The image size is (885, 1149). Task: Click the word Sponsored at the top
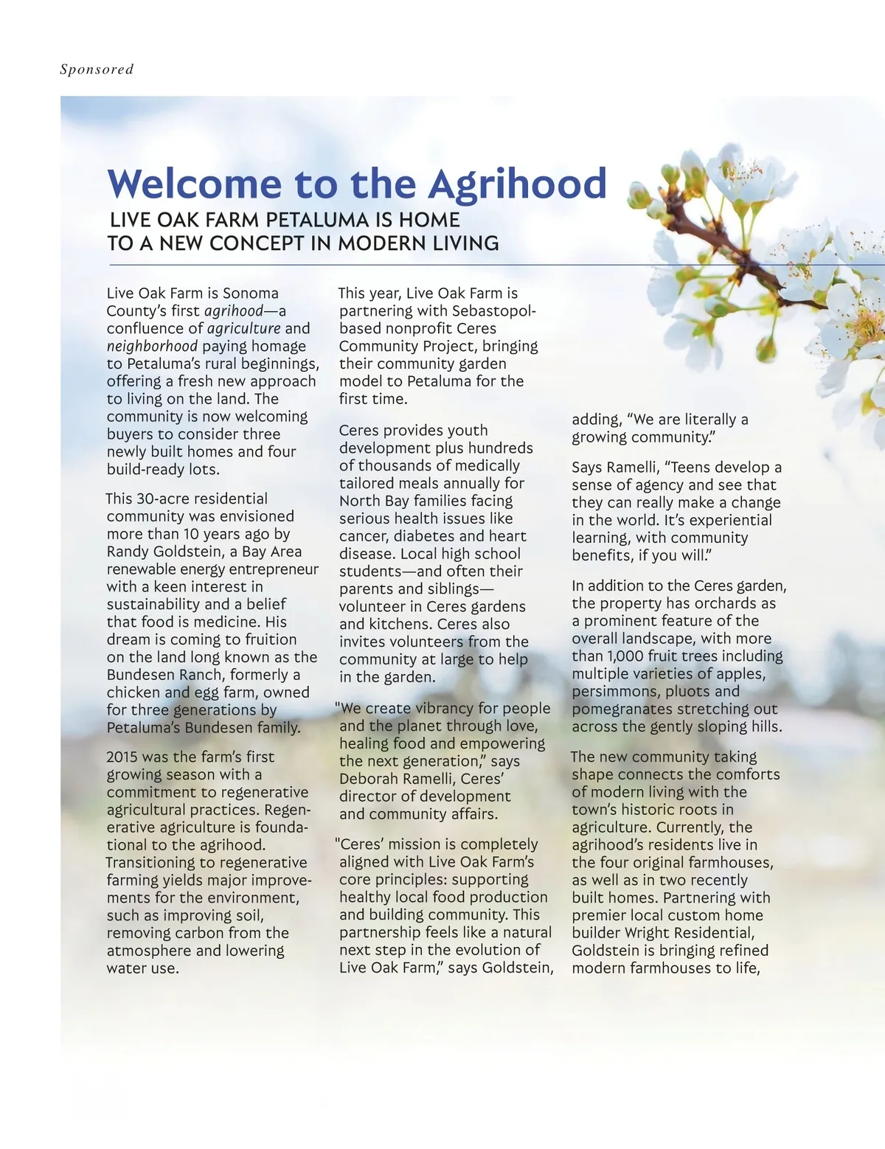tap(97, 69)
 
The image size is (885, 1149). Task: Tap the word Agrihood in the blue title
tap(517, 184)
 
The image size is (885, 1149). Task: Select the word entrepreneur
tap(274, 569)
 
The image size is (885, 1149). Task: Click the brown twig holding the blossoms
tap(737, 254)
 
